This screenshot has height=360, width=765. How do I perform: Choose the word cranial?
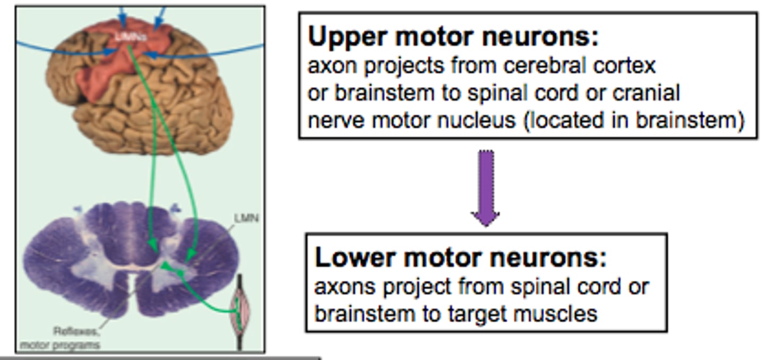[x=646, y=93]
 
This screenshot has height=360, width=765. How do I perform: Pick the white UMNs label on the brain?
[x=130, y=37]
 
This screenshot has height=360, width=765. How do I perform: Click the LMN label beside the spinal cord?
[x=246, y=218]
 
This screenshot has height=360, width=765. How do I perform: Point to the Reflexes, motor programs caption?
[x=59, y=338]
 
